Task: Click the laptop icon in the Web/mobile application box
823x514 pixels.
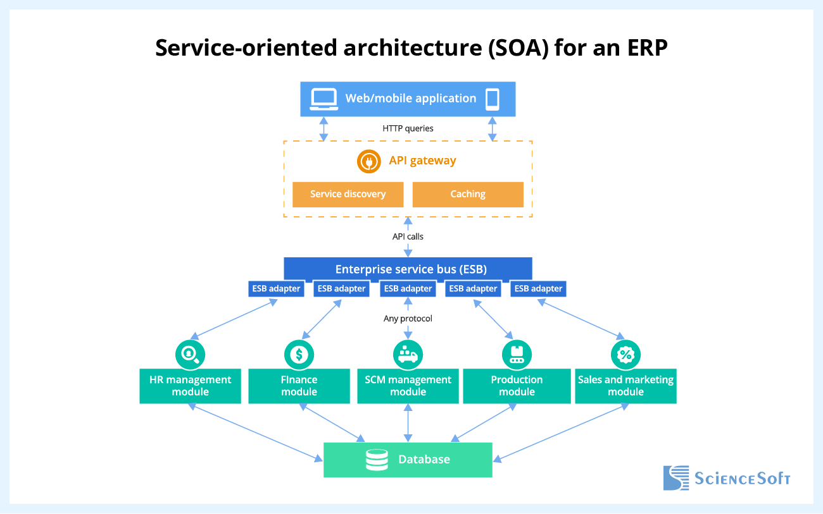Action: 324,99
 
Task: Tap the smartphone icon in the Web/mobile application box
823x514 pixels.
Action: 492,99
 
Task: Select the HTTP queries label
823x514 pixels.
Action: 408,128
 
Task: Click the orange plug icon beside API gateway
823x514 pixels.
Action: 368,161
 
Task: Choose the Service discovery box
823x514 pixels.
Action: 348,194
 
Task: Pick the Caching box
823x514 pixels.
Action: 468,194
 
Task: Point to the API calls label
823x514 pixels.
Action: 408,236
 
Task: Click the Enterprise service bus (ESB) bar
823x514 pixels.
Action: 408,269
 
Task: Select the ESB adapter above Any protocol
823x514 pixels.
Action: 408,289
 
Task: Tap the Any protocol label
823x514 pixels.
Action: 408,319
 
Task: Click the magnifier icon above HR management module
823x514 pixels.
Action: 190,354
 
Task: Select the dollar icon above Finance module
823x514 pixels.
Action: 299,354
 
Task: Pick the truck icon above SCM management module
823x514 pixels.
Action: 408,354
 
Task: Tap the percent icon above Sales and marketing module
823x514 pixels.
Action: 625,354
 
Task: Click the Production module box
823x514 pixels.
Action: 517,386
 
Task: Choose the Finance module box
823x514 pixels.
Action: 299,386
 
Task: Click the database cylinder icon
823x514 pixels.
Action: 377,460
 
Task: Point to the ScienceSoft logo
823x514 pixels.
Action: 727,478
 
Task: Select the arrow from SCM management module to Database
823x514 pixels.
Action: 408,423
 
